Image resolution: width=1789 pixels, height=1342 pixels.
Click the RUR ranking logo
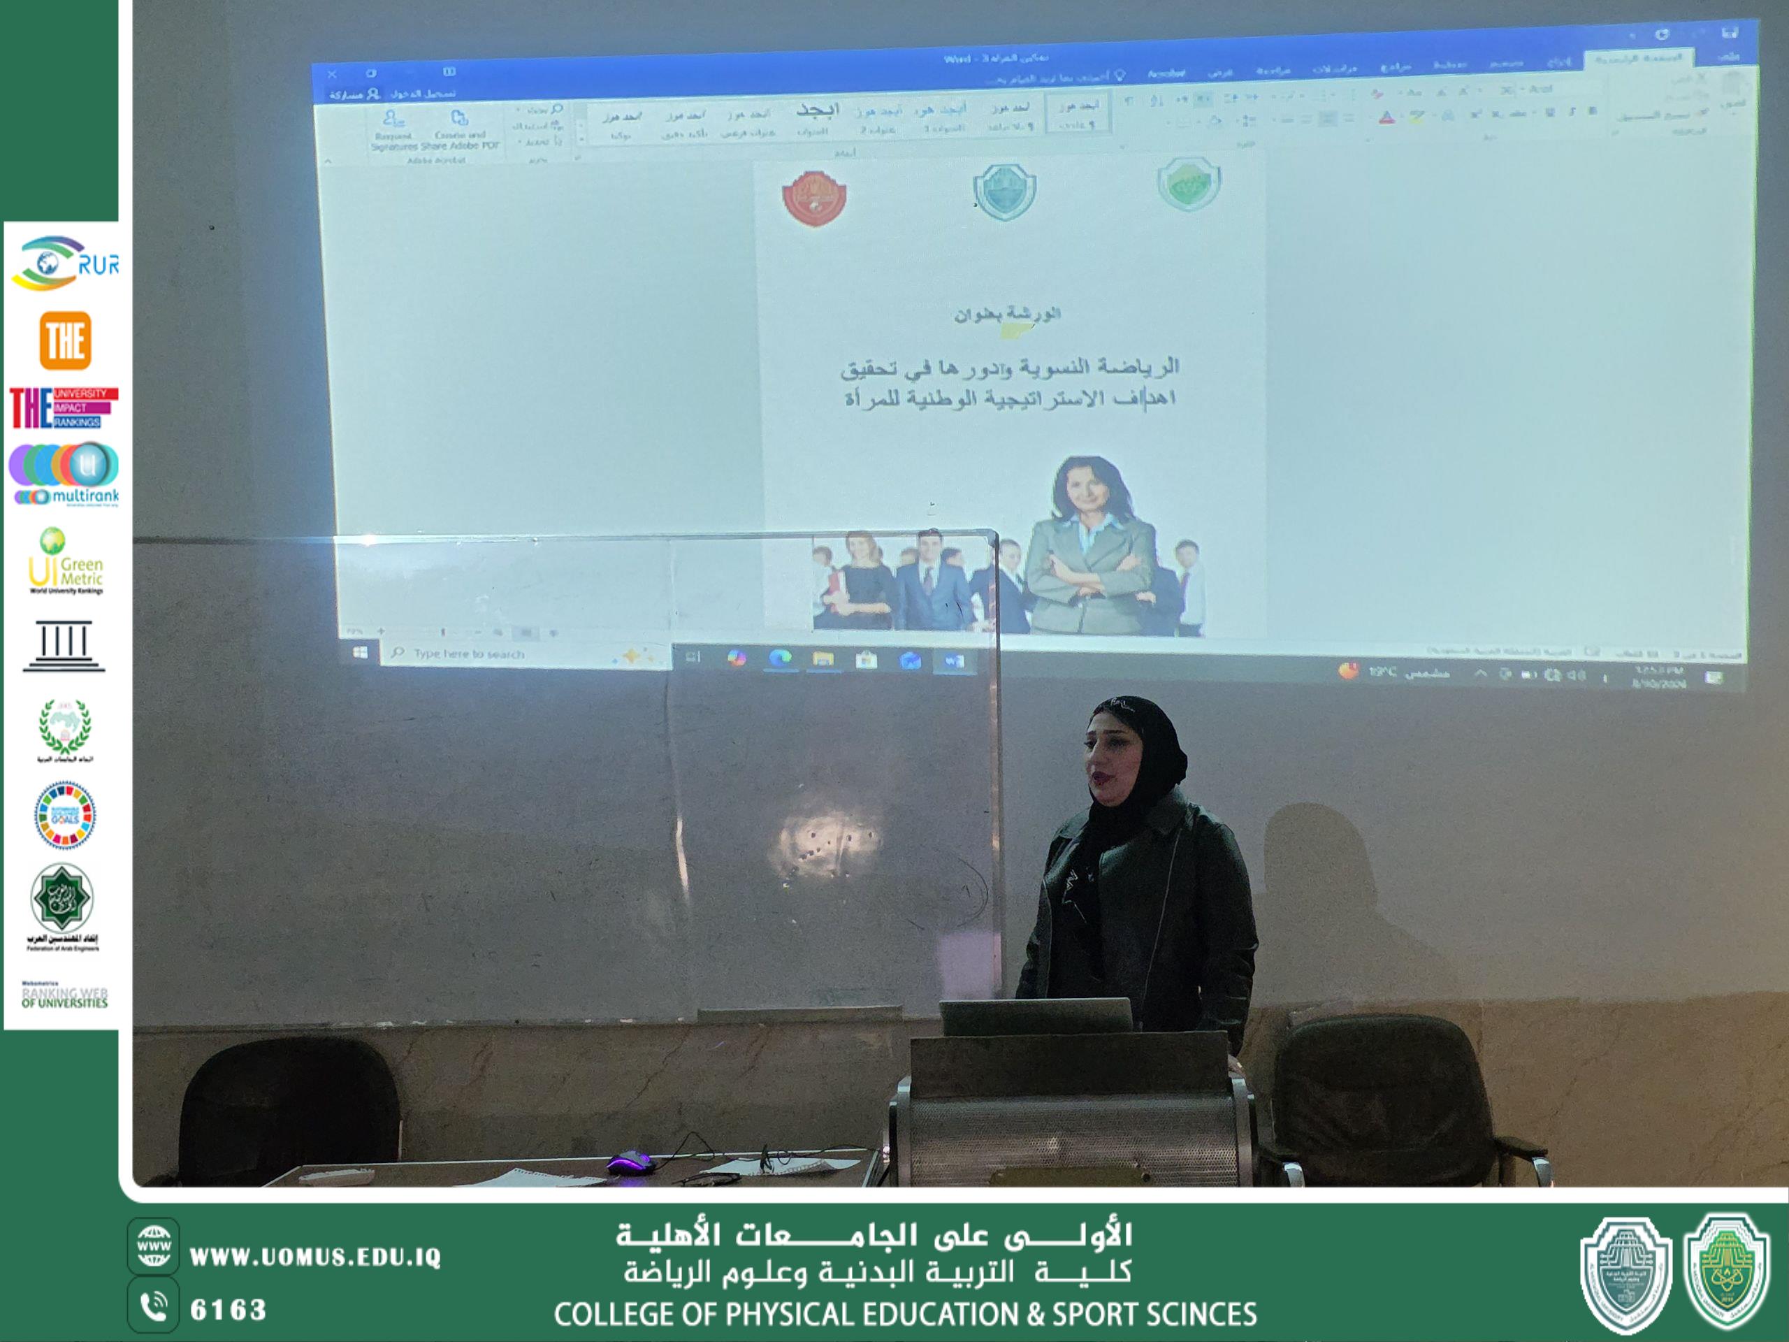tap(65, 263)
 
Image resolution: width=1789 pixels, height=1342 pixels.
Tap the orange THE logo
tap(65, 340)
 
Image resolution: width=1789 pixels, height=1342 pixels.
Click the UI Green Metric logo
tap(65, 563)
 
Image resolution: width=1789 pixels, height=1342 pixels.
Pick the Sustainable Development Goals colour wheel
tap(65, 814)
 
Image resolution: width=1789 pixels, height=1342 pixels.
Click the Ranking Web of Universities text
tap(65, 997)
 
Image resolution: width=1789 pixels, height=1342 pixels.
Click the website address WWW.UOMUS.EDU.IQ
tap(314, 1257)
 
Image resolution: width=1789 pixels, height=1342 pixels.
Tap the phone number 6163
tap(228, 1310)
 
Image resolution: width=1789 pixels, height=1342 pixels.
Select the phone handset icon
tap(153, 1307)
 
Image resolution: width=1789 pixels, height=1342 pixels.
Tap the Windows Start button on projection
tap(360, 652)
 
